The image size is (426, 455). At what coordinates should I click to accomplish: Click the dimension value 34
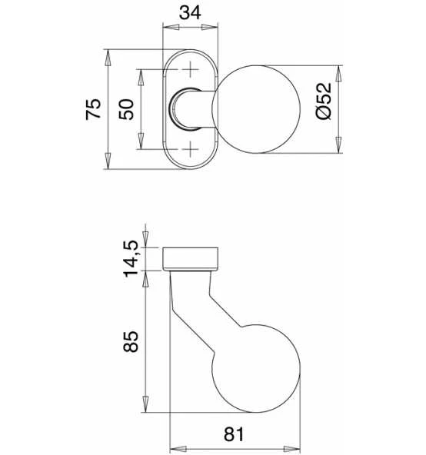pyautogui.click(x=190, y=13)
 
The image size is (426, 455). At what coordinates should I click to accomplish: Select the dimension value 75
pyautogui.click(x=94, y=109)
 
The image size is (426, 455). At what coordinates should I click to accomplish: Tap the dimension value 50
pyautogui.click(x=126, y=109)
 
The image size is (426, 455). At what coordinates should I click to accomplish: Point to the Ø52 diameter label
pyautogui.click(x=324, y=101)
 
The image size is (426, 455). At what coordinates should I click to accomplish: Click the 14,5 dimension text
pyautogui.click(x=131, y=259)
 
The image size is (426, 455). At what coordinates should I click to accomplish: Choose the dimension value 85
pyautogui.click(x=131, y=341)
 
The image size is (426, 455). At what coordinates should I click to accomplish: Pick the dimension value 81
pyautogui.click(x=234, y=434)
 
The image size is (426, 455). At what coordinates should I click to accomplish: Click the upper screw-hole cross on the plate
pyautogui.click(x=190, y=69)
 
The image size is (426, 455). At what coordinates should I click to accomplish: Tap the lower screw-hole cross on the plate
pyautogui.click(x=190, y=149)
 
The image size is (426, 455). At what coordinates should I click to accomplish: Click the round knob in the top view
pyautogui.click(x=256, y=109)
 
